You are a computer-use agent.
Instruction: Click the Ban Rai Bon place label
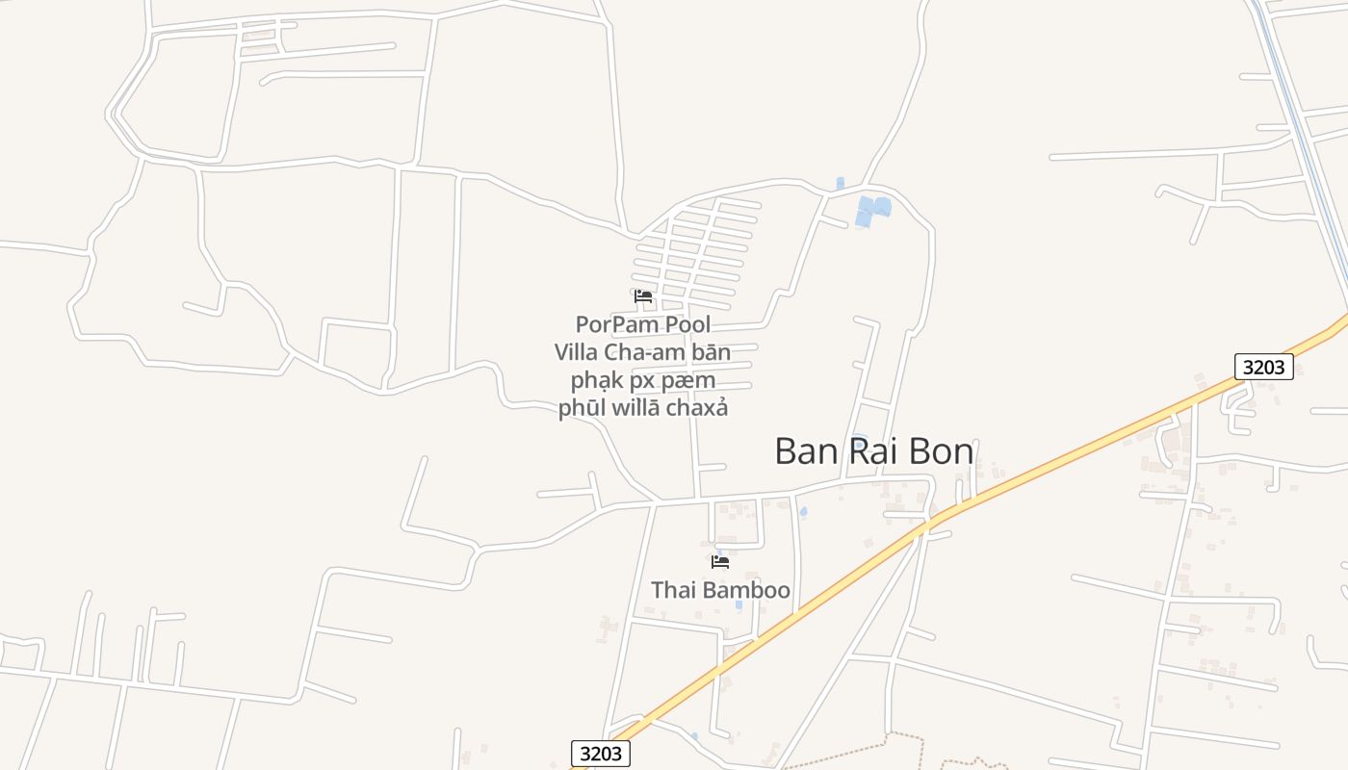pyautogui.click(x=873, y=451)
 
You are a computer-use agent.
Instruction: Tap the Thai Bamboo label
pyautogui.click(x=720, y=590)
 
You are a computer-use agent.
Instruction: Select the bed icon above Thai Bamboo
pyautogui.click(x=720, y=562)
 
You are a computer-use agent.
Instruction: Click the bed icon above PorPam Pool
pyautogui.click(x=643, y=296)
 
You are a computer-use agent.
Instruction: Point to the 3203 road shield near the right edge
pyautogui.click(x=1263, y=367)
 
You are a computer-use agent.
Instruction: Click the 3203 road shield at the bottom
pyautogui.click(x=601, y=753)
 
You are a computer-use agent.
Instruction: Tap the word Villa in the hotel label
pyautogui.click(x=577, y=352)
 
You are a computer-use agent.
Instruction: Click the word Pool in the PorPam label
pyautogui.click(x=683, y=324)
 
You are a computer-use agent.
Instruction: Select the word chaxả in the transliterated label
pyautogui.click(x=699, y=408)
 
